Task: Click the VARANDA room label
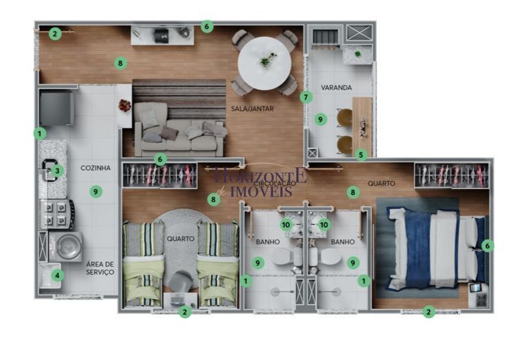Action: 337,87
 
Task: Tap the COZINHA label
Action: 95,168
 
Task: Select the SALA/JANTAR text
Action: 252,109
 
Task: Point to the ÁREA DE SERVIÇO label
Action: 100,268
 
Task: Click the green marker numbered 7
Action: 306,98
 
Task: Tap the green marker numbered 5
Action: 361,155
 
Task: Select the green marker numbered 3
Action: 58,171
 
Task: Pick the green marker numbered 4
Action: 58,275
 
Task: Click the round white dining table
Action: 264,63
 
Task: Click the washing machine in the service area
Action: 66,247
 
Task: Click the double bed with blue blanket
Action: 436,249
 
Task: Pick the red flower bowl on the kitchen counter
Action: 124,105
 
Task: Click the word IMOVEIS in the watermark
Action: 261,192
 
